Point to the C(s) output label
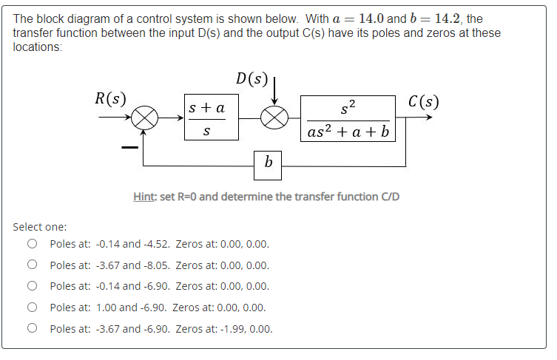coord(424,101)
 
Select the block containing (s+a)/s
coord(211,118)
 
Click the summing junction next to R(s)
coord(145,118)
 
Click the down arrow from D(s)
coord(274,92)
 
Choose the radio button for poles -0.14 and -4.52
coord(32,244)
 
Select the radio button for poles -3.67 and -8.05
coord(32,265)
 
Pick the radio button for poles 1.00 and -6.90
coord(32,307)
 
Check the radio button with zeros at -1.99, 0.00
coord(32,328)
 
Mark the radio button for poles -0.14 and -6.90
coord(32,286)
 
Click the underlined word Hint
coord(144,197)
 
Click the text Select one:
coord(40,226)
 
